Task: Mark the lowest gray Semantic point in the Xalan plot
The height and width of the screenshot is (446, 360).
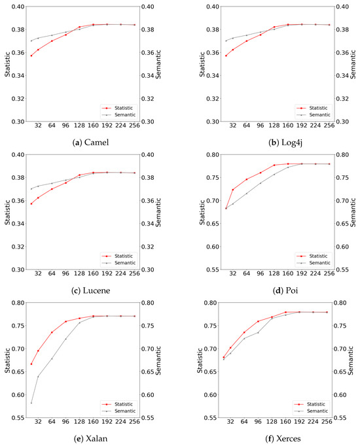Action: (x=31, y=403)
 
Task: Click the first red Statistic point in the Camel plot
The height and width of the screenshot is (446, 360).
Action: (x=31, y=56)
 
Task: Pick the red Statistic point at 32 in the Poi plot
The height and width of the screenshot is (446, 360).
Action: (x=233, y=190)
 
